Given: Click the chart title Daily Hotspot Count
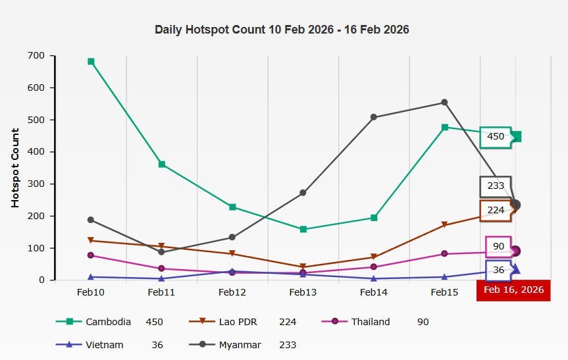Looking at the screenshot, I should coord(282,30).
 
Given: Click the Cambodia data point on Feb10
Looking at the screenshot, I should coord(91,61).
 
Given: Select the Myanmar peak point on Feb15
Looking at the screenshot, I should coord(444,102).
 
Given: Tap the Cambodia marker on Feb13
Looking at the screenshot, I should coord(303,229).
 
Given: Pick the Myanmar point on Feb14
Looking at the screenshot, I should coord(374,117).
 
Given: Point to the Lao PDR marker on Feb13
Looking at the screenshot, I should coord(303,267).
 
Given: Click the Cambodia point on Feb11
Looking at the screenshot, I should coord(161,164).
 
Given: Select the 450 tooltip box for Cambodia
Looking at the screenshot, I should coord(496,137).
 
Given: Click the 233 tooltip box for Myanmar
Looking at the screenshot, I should coord(496,186).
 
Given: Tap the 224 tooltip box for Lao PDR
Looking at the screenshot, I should coord(496,210).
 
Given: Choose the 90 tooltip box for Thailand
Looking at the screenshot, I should coord(498,246).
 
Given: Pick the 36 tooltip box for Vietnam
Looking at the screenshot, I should coord(498,270).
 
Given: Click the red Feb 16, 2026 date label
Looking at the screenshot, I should coord(513,290).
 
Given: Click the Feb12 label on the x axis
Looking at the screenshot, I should coord(232,292).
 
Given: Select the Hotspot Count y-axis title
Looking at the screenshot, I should coord(15,168).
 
